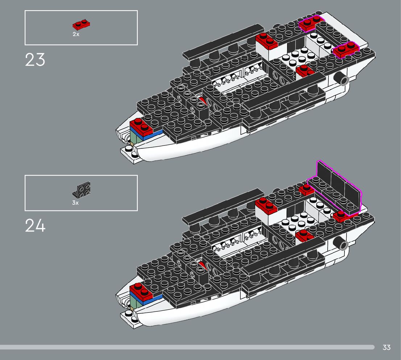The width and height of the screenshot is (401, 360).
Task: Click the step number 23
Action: click(35, 60)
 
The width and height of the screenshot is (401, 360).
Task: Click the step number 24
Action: click(35, 225)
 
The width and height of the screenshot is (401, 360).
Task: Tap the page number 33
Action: click(386, 347)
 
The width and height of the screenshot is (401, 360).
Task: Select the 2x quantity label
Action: click(75, 34)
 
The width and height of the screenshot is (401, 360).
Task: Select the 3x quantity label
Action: click(75, 203)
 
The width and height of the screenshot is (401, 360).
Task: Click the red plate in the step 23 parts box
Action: click(81, 25)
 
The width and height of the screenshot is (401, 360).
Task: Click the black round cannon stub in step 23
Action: click(342, 77)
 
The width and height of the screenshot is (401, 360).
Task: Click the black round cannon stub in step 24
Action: click(342, 243)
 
